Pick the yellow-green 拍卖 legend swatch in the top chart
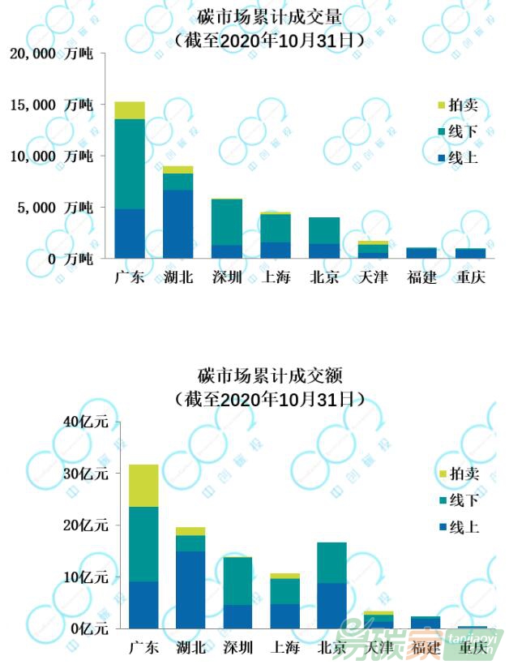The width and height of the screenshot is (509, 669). [x=441, y=106]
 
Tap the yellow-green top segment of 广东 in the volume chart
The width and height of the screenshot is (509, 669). [x=130, y=110]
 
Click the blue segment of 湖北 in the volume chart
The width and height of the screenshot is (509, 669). [x=178, y=224]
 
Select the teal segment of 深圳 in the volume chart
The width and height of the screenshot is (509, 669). [x=227, y=221]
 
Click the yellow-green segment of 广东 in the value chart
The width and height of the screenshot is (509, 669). [x=143, y=485]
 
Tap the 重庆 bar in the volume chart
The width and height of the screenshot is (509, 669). [x=470, y=253]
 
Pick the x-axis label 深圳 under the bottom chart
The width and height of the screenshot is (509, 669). [x=237, y=647]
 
